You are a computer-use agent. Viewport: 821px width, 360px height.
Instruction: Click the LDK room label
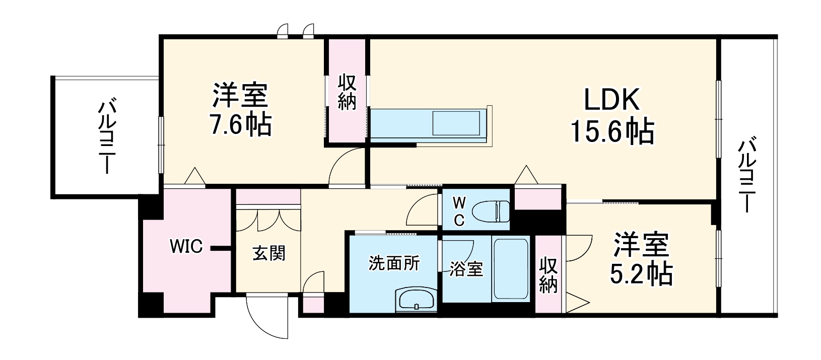pos(611,100)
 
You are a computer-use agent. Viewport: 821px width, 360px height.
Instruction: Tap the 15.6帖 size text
pos(611,132)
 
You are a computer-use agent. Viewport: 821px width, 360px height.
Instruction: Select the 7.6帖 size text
pos(240,124)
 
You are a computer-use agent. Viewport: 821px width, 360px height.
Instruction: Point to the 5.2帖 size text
pos(641,274)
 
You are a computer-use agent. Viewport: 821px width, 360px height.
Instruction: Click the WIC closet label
pos(186,247)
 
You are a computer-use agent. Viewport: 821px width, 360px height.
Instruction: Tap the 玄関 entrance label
pos(268,253)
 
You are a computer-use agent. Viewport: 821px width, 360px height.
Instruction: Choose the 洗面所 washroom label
pos(394,263)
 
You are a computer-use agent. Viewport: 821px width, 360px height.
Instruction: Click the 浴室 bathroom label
pos(466,270)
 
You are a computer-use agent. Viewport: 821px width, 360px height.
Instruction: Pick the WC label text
pos(459,211)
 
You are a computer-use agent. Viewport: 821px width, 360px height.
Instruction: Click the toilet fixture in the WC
pos(496,211)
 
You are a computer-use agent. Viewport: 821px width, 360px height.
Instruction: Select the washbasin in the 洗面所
pos(417,301)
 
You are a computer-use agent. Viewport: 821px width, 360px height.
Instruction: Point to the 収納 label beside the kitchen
pos(347,92)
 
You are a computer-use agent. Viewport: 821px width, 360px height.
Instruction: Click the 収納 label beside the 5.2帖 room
pos(549,275)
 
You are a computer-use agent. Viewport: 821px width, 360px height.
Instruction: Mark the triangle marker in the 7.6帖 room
pos(194,176)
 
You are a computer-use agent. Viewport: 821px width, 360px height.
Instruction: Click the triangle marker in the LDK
pos(526,175)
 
